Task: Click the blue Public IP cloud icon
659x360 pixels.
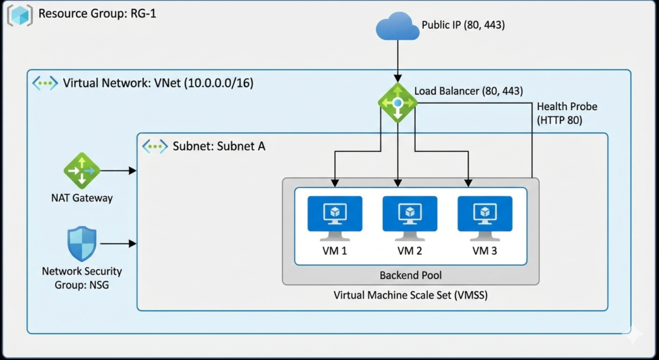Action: click(x=396, y=27)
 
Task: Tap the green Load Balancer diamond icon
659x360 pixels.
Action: click(x=397, y=102)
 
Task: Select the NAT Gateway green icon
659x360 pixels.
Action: click(x=82, y=171)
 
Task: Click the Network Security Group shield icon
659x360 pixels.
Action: click(x=82, y=243)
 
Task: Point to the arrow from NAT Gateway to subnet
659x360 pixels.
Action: click(x=119, y=171)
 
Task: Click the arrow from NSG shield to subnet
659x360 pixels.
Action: click(x=119, y=243)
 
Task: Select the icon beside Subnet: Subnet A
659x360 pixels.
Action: click(x=155, y=146)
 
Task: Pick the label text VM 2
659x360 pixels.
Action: click(x=409, y=251)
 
